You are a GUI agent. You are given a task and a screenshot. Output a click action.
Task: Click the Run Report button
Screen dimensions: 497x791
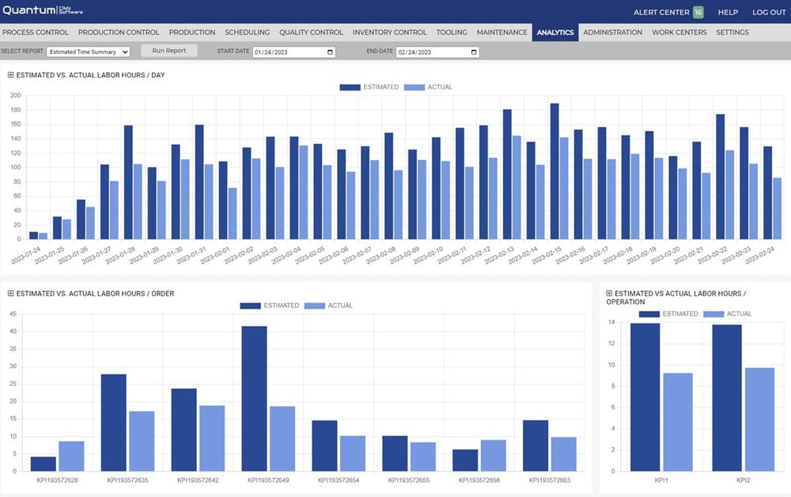(x=168, y=51)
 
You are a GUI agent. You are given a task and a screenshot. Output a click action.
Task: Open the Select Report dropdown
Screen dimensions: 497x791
(x=88, y=52)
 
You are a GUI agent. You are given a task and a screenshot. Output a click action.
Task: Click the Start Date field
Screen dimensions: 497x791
(x=293, y=52)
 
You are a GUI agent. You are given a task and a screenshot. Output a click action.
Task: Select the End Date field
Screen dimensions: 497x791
(x=437, y=52)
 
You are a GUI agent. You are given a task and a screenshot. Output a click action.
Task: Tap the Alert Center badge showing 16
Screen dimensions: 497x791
(x=698, y=13)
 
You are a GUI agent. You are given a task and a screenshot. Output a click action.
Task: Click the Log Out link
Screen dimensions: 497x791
(x=769, y=13)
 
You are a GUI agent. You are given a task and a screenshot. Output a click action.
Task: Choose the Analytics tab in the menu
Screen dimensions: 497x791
(x=554, y=32)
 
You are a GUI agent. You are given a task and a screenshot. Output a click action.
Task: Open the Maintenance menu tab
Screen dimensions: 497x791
(x=501, y=32)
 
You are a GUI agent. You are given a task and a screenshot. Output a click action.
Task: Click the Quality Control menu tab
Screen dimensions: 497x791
(x=311, y=32)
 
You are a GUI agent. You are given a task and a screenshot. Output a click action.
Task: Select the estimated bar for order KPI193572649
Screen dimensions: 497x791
(x=255, y=400)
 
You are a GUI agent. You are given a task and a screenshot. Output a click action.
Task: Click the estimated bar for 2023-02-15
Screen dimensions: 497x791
(x=554, y=171)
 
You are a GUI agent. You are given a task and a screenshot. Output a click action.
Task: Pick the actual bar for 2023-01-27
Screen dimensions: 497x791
(x=114, y=210)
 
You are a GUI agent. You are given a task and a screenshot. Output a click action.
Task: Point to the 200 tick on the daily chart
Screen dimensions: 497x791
(x=16, y=95)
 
